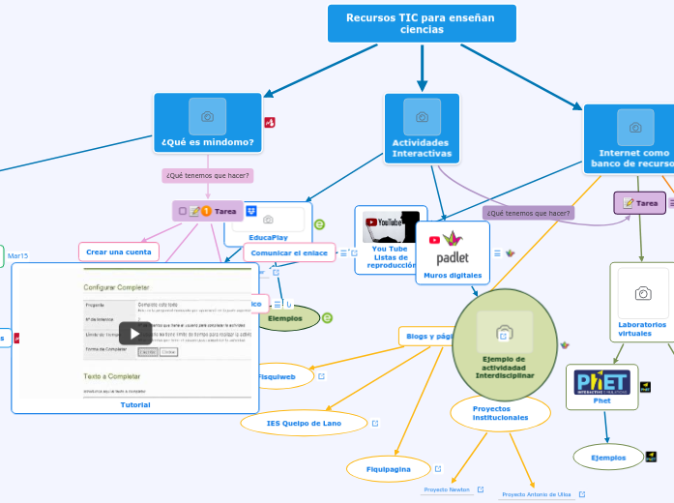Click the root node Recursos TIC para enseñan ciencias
pyautogui.click(x=421, y=23)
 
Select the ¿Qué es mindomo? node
pyautogui.click(x=207, y=142)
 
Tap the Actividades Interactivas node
pyautogui.click(x=422, y=148)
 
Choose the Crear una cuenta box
pyautogui.click(x=118, y=251)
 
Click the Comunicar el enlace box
pyautogui.click(x=288, y=252)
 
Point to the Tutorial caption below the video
pyautogui.click(x=135, y=405)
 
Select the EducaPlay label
pyautogui.click(x=268, y=237)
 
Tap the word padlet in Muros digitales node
pyautogui.click(x=452, y=258)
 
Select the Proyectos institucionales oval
pyautogui.click(x=500, y=413)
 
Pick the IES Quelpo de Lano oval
pyautogui.click(x=304, y=423)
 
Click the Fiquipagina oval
pyautogui.click(x=388, y=468)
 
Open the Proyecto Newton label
pyautogui.click(x=447, y=489)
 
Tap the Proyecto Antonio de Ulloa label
pyautogui.click(x=537, y=494)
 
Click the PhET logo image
pyautogui.click(x=601, y=381)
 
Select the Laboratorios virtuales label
pyautogui.click(x=642, y=329)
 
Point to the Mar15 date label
pyautogui.click(x=18, y=255)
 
